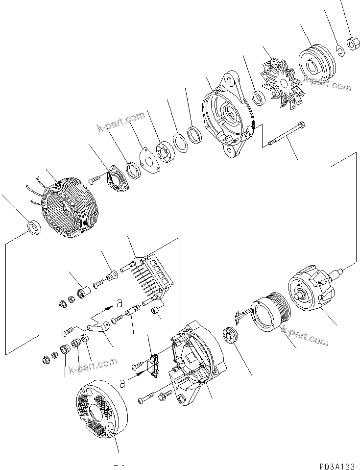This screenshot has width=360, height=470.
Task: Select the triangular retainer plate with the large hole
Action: (x=147, y=159)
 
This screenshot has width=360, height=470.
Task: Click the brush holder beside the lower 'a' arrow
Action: (x=152, y=365)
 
